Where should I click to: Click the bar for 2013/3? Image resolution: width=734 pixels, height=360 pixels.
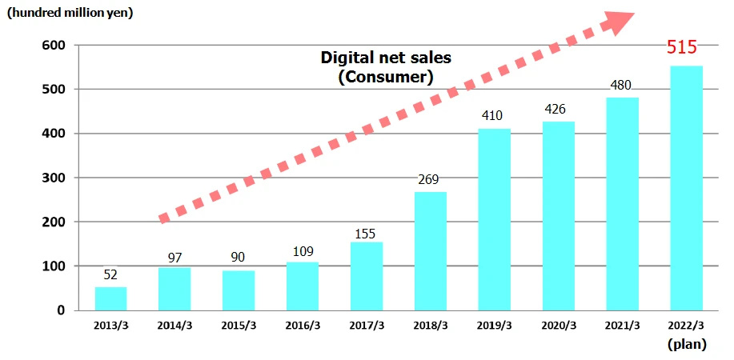point(110,298)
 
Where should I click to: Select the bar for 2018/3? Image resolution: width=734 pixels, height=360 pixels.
point(431,251)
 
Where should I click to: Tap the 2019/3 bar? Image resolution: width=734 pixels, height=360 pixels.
point(494,219)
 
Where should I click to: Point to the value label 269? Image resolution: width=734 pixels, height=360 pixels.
point(431,180)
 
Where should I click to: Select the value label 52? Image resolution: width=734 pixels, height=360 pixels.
point(110,274)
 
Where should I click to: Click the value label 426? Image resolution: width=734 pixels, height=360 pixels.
point(558,109)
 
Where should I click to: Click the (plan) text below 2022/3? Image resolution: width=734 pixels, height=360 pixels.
point(687,344)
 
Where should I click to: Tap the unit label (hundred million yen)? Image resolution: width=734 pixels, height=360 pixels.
point(70,13)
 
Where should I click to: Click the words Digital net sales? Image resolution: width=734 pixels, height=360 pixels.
point(386,58)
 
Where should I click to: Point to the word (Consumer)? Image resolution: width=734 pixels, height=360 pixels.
point(386,77)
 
